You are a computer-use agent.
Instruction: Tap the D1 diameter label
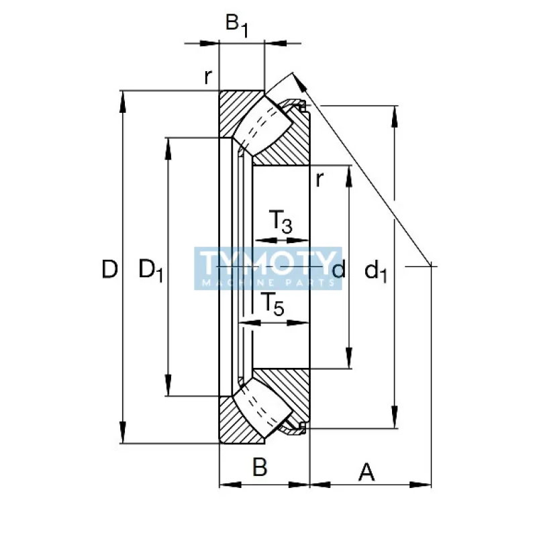pyautogui.click(x=150, y=271)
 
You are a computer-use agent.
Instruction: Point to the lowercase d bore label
pyautogui.click(x=339, y=270)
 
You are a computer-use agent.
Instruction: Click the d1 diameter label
pyautogui.click(x=376, y=271)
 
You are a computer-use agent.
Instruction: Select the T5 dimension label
pyautogui.click(x=272, y=305)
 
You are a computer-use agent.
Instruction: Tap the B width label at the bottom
pyautogui.click(x=260, y=467)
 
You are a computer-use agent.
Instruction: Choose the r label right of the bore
pyautogui.click(x=320, y=179)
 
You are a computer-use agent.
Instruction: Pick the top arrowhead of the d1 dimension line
pyautogui.click(x=395, y=115)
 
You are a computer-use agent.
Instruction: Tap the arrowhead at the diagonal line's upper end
pyautogui.click(x=299, y=80)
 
